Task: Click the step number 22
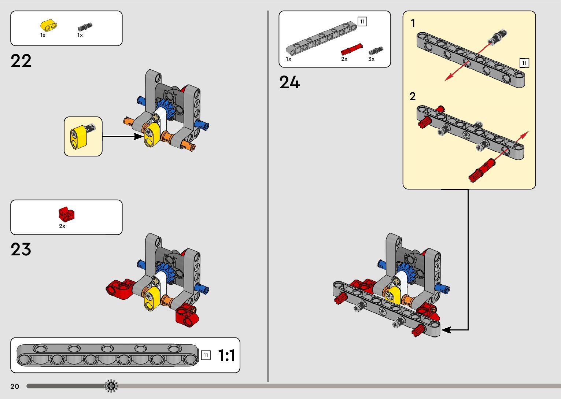[x=21, y=61]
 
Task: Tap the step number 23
[x=21, y=250]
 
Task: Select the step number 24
[x=289, y=82]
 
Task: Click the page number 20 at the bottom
[x=15, y=386]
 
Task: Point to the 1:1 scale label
[x=226, y=355]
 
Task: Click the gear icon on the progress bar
[x=111, y=386]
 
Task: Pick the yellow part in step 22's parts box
[x=48, y=26]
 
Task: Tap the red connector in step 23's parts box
[x=66, y=214]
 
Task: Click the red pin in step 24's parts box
[x=351, y=49]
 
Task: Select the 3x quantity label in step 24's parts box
[x=371, y=59]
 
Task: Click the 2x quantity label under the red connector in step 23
[x=62, y=226]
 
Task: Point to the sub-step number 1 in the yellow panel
[x=413, y=23]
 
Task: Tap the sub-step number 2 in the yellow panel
[x=413, y=96]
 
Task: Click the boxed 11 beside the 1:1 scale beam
[x=206, y=355]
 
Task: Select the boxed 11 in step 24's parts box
[x=362, y=22]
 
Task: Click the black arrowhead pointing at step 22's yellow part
[x=139, y=136]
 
